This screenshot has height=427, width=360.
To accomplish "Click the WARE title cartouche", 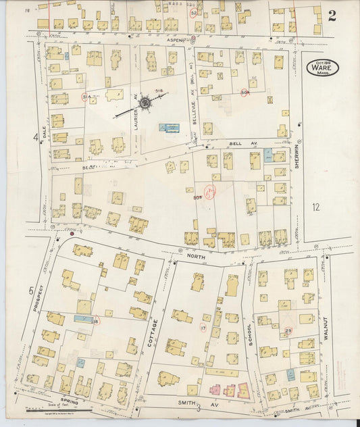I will tap(325, 68).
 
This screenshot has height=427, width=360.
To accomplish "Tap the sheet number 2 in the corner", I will tap(332, 16).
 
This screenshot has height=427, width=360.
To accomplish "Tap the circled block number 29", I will tap(288, 330).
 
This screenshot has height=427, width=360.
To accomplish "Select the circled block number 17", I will tap(203, 328).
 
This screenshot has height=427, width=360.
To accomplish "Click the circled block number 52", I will tap(195, 13).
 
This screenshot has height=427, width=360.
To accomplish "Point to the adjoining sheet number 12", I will tap(315, 207).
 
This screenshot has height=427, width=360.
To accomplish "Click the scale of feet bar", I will tap(57, 407).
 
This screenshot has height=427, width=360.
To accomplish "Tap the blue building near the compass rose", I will tap(170, 127).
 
